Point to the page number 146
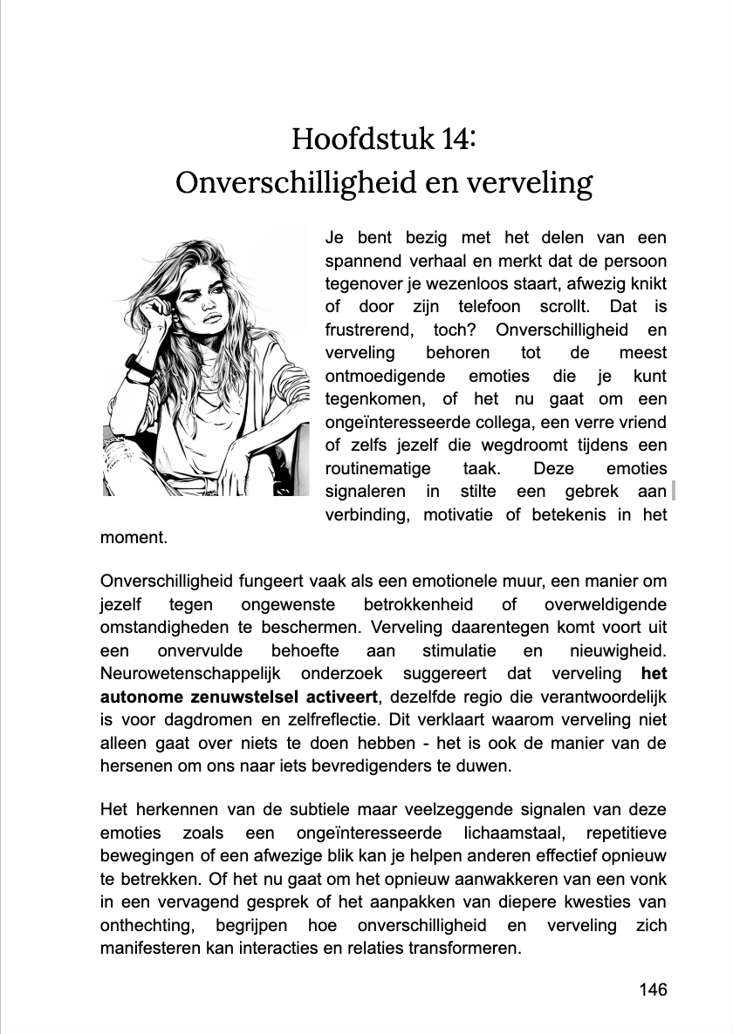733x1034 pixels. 652,989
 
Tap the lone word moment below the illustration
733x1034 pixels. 134,537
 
